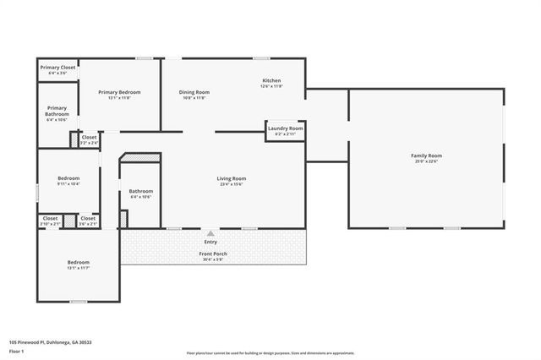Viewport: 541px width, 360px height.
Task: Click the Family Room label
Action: coord(426,155)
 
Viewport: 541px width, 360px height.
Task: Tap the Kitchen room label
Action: coord(270,80)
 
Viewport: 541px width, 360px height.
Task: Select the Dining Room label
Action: coord(194,92)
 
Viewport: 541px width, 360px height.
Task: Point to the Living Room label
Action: coord(231,178)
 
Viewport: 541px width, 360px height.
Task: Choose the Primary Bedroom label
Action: coord(119,92)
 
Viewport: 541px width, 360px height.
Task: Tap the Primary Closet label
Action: coord(57,67)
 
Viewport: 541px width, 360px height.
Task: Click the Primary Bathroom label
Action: coord(57,111)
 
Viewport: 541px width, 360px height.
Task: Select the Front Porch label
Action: coord(213,254)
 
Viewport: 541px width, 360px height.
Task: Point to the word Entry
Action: coord(210,243)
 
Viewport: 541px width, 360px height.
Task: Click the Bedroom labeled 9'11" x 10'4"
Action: coord(68,178)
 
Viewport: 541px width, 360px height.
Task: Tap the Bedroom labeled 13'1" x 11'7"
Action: coord(79,262)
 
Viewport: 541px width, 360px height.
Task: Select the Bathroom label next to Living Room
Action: coord(140,191)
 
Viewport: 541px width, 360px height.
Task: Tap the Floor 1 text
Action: coord(17,351)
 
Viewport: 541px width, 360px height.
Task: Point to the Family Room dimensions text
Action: coord(426,161)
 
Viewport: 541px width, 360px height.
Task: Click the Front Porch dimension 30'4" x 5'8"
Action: coord(213,259)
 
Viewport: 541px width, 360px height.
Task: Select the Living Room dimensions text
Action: coord(231,184)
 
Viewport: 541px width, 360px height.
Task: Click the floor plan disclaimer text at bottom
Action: coord(270,352)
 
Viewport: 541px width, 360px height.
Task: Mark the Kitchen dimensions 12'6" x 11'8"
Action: coord(270,86)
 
